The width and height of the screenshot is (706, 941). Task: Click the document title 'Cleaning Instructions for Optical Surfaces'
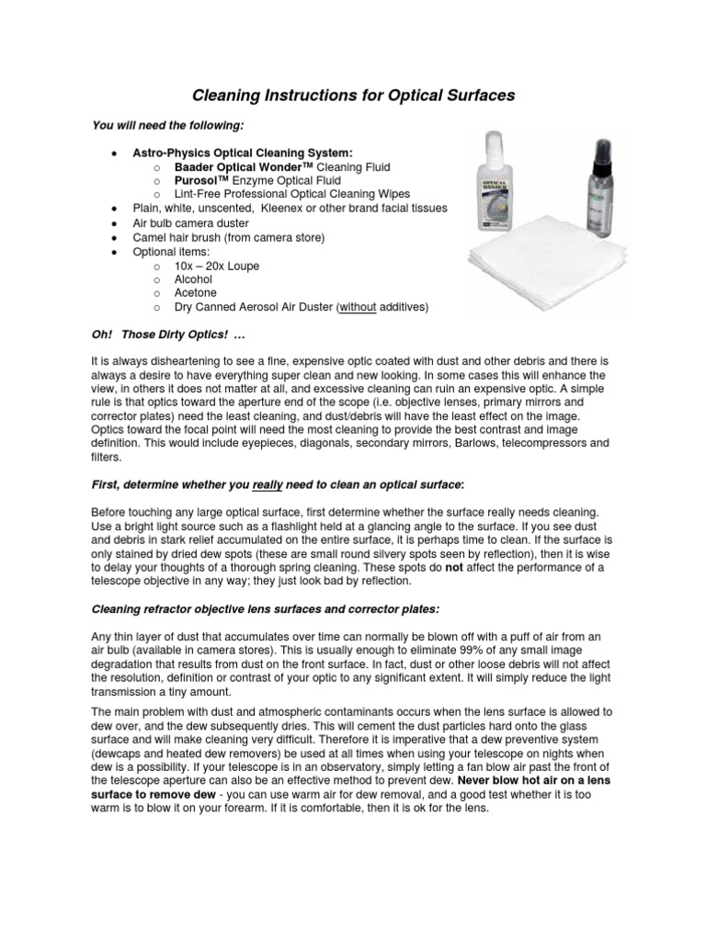tap(353, 95)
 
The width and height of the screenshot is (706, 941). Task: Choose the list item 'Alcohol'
tap(193, 279)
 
